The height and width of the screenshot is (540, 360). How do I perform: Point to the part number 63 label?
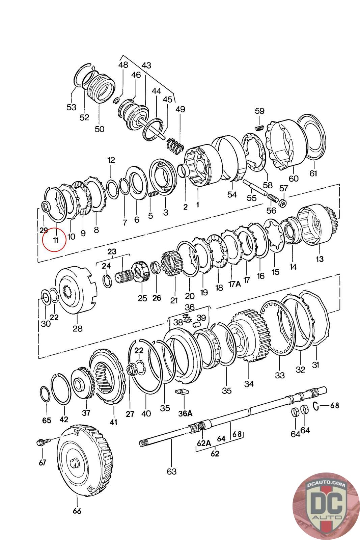coord(172,471)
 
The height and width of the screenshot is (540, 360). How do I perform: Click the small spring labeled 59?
coord(259,128)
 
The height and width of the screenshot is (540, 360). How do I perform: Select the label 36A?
coord(185,413)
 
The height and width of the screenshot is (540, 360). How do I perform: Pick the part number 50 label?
coord(100,129)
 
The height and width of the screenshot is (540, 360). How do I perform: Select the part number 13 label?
coord(320,259)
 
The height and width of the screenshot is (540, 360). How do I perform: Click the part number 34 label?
coord(249,384)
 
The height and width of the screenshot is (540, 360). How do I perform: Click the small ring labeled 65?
coord(45,394)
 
